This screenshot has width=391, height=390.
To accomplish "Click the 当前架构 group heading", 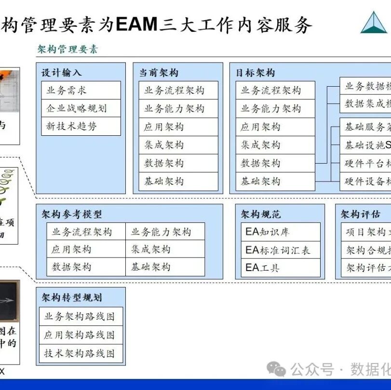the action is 159,73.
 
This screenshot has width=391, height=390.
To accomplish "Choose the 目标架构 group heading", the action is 256,73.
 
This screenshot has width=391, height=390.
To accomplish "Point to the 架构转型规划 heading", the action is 71,298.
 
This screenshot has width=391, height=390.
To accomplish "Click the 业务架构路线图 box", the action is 81,316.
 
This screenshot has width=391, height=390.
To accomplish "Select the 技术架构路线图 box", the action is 81,353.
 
